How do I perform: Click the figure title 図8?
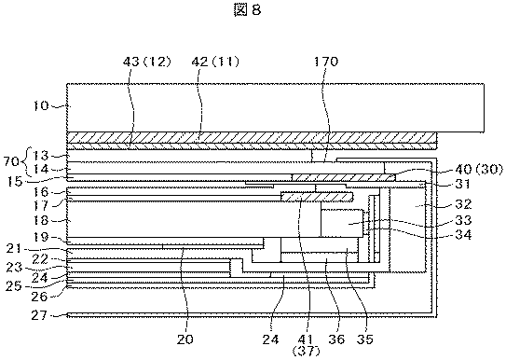(247, 10)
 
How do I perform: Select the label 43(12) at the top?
(146, 62)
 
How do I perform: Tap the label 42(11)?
(215, 62)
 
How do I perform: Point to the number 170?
(326, 62)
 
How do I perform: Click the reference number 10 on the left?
(41, 105)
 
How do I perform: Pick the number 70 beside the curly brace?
(11, 161)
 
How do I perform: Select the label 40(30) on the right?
(479, 169)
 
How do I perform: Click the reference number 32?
(463, 204)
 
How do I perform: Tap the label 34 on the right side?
(463, 234)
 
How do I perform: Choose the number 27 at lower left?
(40, 315)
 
